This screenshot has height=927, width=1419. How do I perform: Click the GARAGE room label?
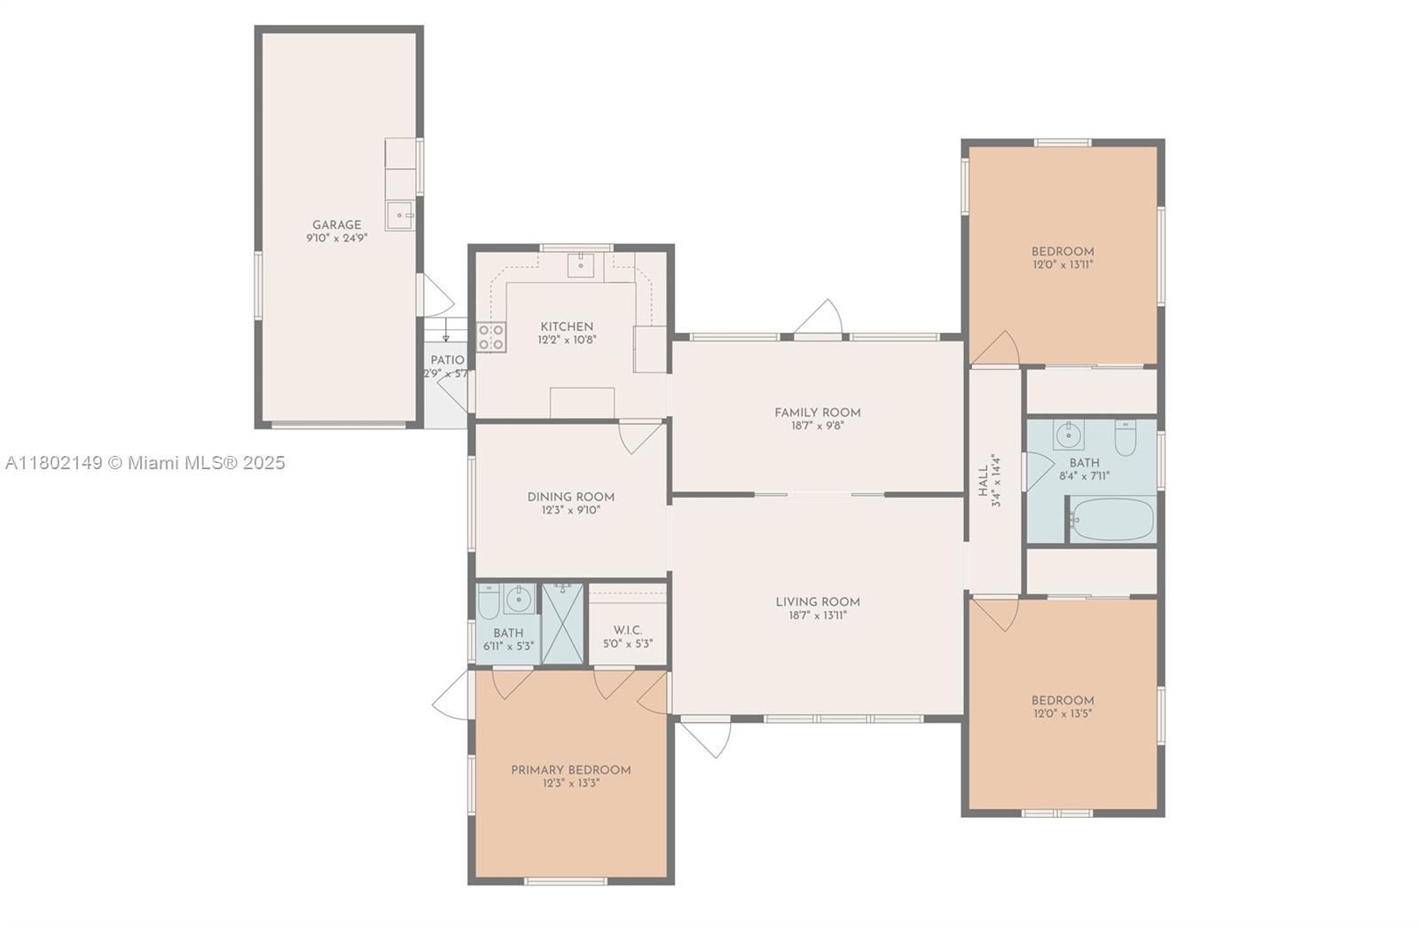pos(336,225)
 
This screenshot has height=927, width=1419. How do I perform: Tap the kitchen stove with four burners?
pos(491,337)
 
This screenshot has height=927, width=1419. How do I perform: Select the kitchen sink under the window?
pos(581,263)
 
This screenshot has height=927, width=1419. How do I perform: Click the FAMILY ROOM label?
pos(817,412)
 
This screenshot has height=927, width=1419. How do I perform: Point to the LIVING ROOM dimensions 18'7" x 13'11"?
pos(817,616)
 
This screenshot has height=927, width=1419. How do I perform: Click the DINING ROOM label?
pos(570,497)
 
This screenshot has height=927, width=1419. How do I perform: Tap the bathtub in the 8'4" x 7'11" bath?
pos(1112,519)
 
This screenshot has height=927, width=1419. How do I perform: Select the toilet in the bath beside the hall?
pos(1125,438)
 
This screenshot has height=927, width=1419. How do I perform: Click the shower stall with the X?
pos(562,624)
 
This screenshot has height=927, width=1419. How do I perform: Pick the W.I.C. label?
pos(628,630)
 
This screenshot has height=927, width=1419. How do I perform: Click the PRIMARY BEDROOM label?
pos(570,770)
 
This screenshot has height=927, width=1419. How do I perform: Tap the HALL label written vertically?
pos(983,480)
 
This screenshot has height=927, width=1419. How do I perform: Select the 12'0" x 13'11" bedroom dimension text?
pos(1062,264)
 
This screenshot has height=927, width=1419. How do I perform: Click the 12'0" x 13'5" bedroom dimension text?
pos(1062,713)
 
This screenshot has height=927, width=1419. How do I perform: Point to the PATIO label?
pos(447,360)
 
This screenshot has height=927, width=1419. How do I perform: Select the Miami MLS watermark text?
pos(145,462)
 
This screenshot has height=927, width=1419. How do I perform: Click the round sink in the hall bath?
pos(1070,435)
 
